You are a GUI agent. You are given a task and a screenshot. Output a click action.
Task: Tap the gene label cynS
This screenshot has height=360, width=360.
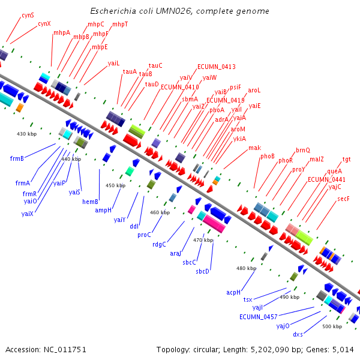point(28,15)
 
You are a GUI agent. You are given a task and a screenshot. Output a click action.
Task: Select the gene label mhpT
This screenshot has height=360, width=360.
point(120,24)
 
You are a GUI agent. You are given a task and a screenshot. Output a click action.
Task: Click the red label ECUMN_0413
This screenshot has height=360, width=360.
point(216,67)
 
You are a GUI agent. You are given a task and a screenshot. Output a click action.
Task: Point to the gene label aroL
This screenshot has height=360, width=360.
point(254,90)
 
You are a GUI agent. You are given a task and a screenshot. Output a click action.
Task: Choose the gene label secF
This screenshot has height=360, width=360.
point(343,198)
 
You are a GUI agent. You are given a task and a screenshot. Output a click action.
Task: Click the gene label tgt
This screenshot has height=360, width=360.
point(347,160)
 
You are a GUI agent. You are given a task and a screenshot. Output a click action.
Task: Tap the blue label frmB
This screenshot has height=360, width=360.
point(17,158)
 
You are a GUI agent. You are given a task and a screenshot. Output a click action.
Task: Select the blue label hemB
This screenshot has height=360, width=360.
point(91,202)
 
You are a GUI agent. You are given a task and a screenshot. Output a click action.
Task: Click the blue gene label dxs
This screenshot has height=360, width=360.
point(298,334)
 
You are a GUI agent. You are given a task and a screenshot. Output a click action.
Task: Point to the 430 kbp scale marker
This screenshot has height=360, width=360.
point(26,133)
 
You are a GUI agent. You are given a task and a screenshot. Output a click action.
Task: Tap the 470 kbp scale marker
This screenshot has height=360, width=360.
point(203,240)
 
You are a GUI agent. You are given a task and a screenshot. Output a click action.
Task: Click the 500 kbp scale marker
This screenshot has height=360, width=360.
point(332,326)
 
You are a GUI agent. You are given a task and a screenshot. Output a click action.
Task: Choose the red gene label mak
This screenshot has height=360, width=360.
point(255,148)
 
